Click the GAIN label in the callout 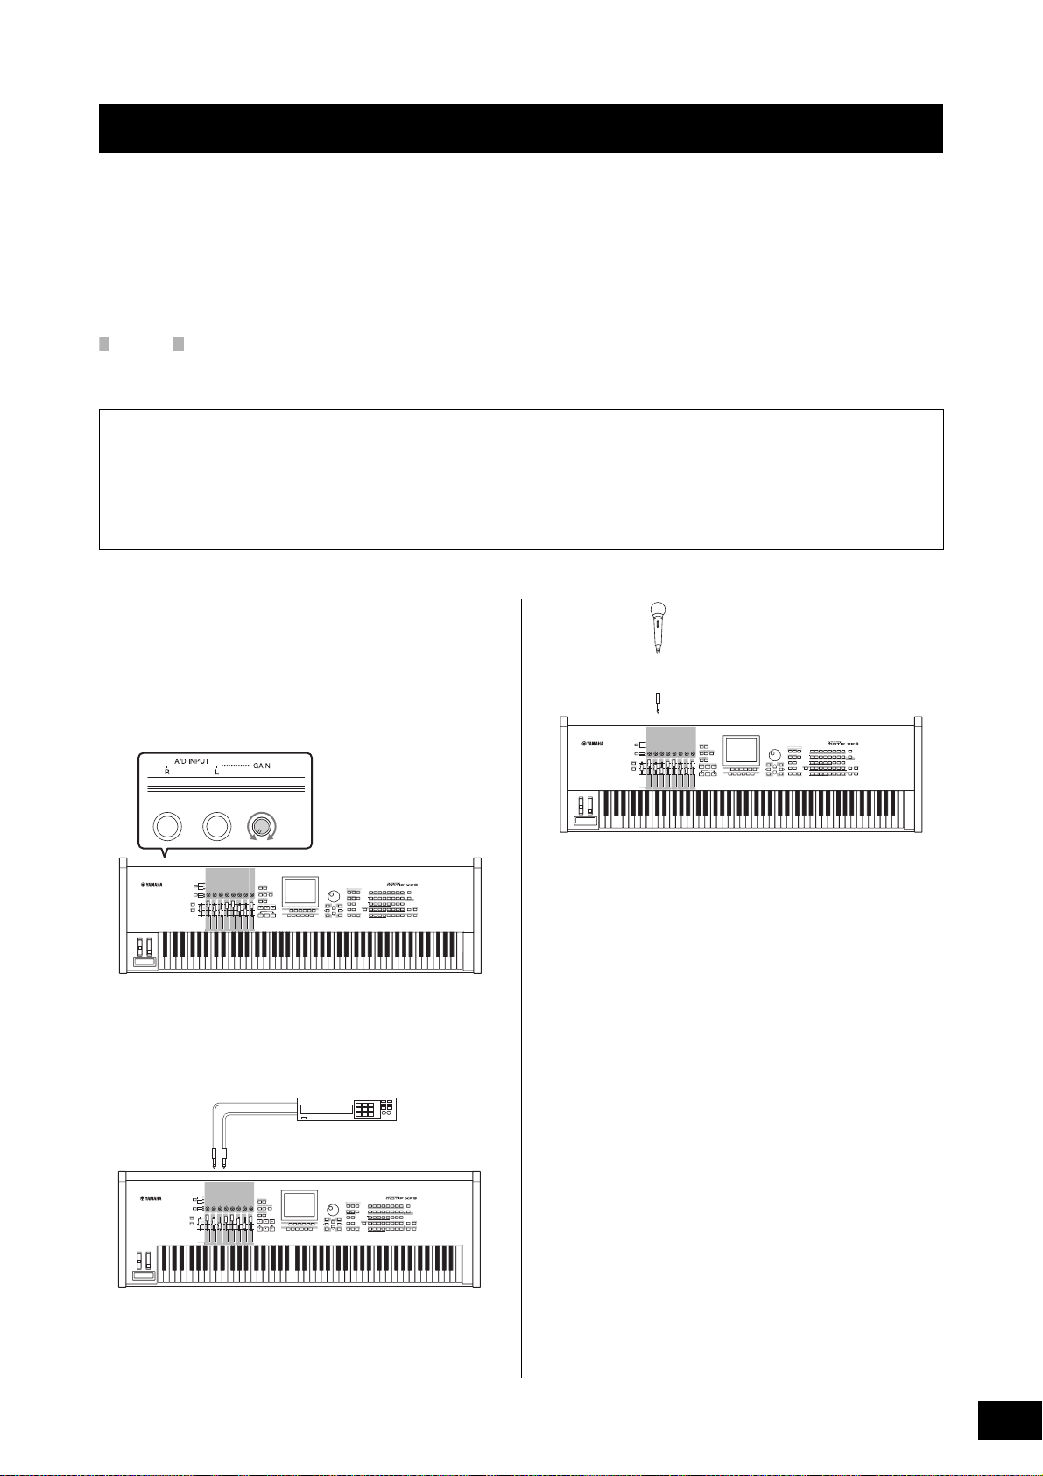(262, 766)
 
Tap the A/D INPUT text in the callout (192, 760)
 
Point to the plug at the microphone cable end (657, 702)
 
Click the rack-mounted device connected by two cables (347, 1108)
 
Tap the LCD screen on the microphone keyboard (741, 749)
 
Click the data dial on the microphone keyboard (773, 754)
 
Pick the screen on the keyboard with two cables (298, 1205)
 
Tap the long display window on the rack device (324, 1109)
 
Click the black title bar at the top (520, 129)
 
